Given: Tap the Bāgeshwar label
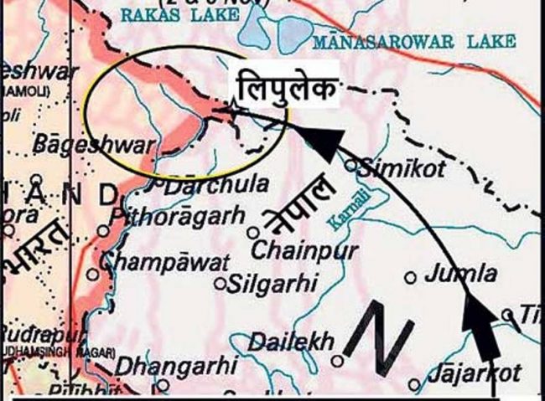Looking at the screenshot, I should point(92,144).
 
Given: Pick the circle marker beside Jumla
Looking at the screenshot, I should point(411,276).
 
